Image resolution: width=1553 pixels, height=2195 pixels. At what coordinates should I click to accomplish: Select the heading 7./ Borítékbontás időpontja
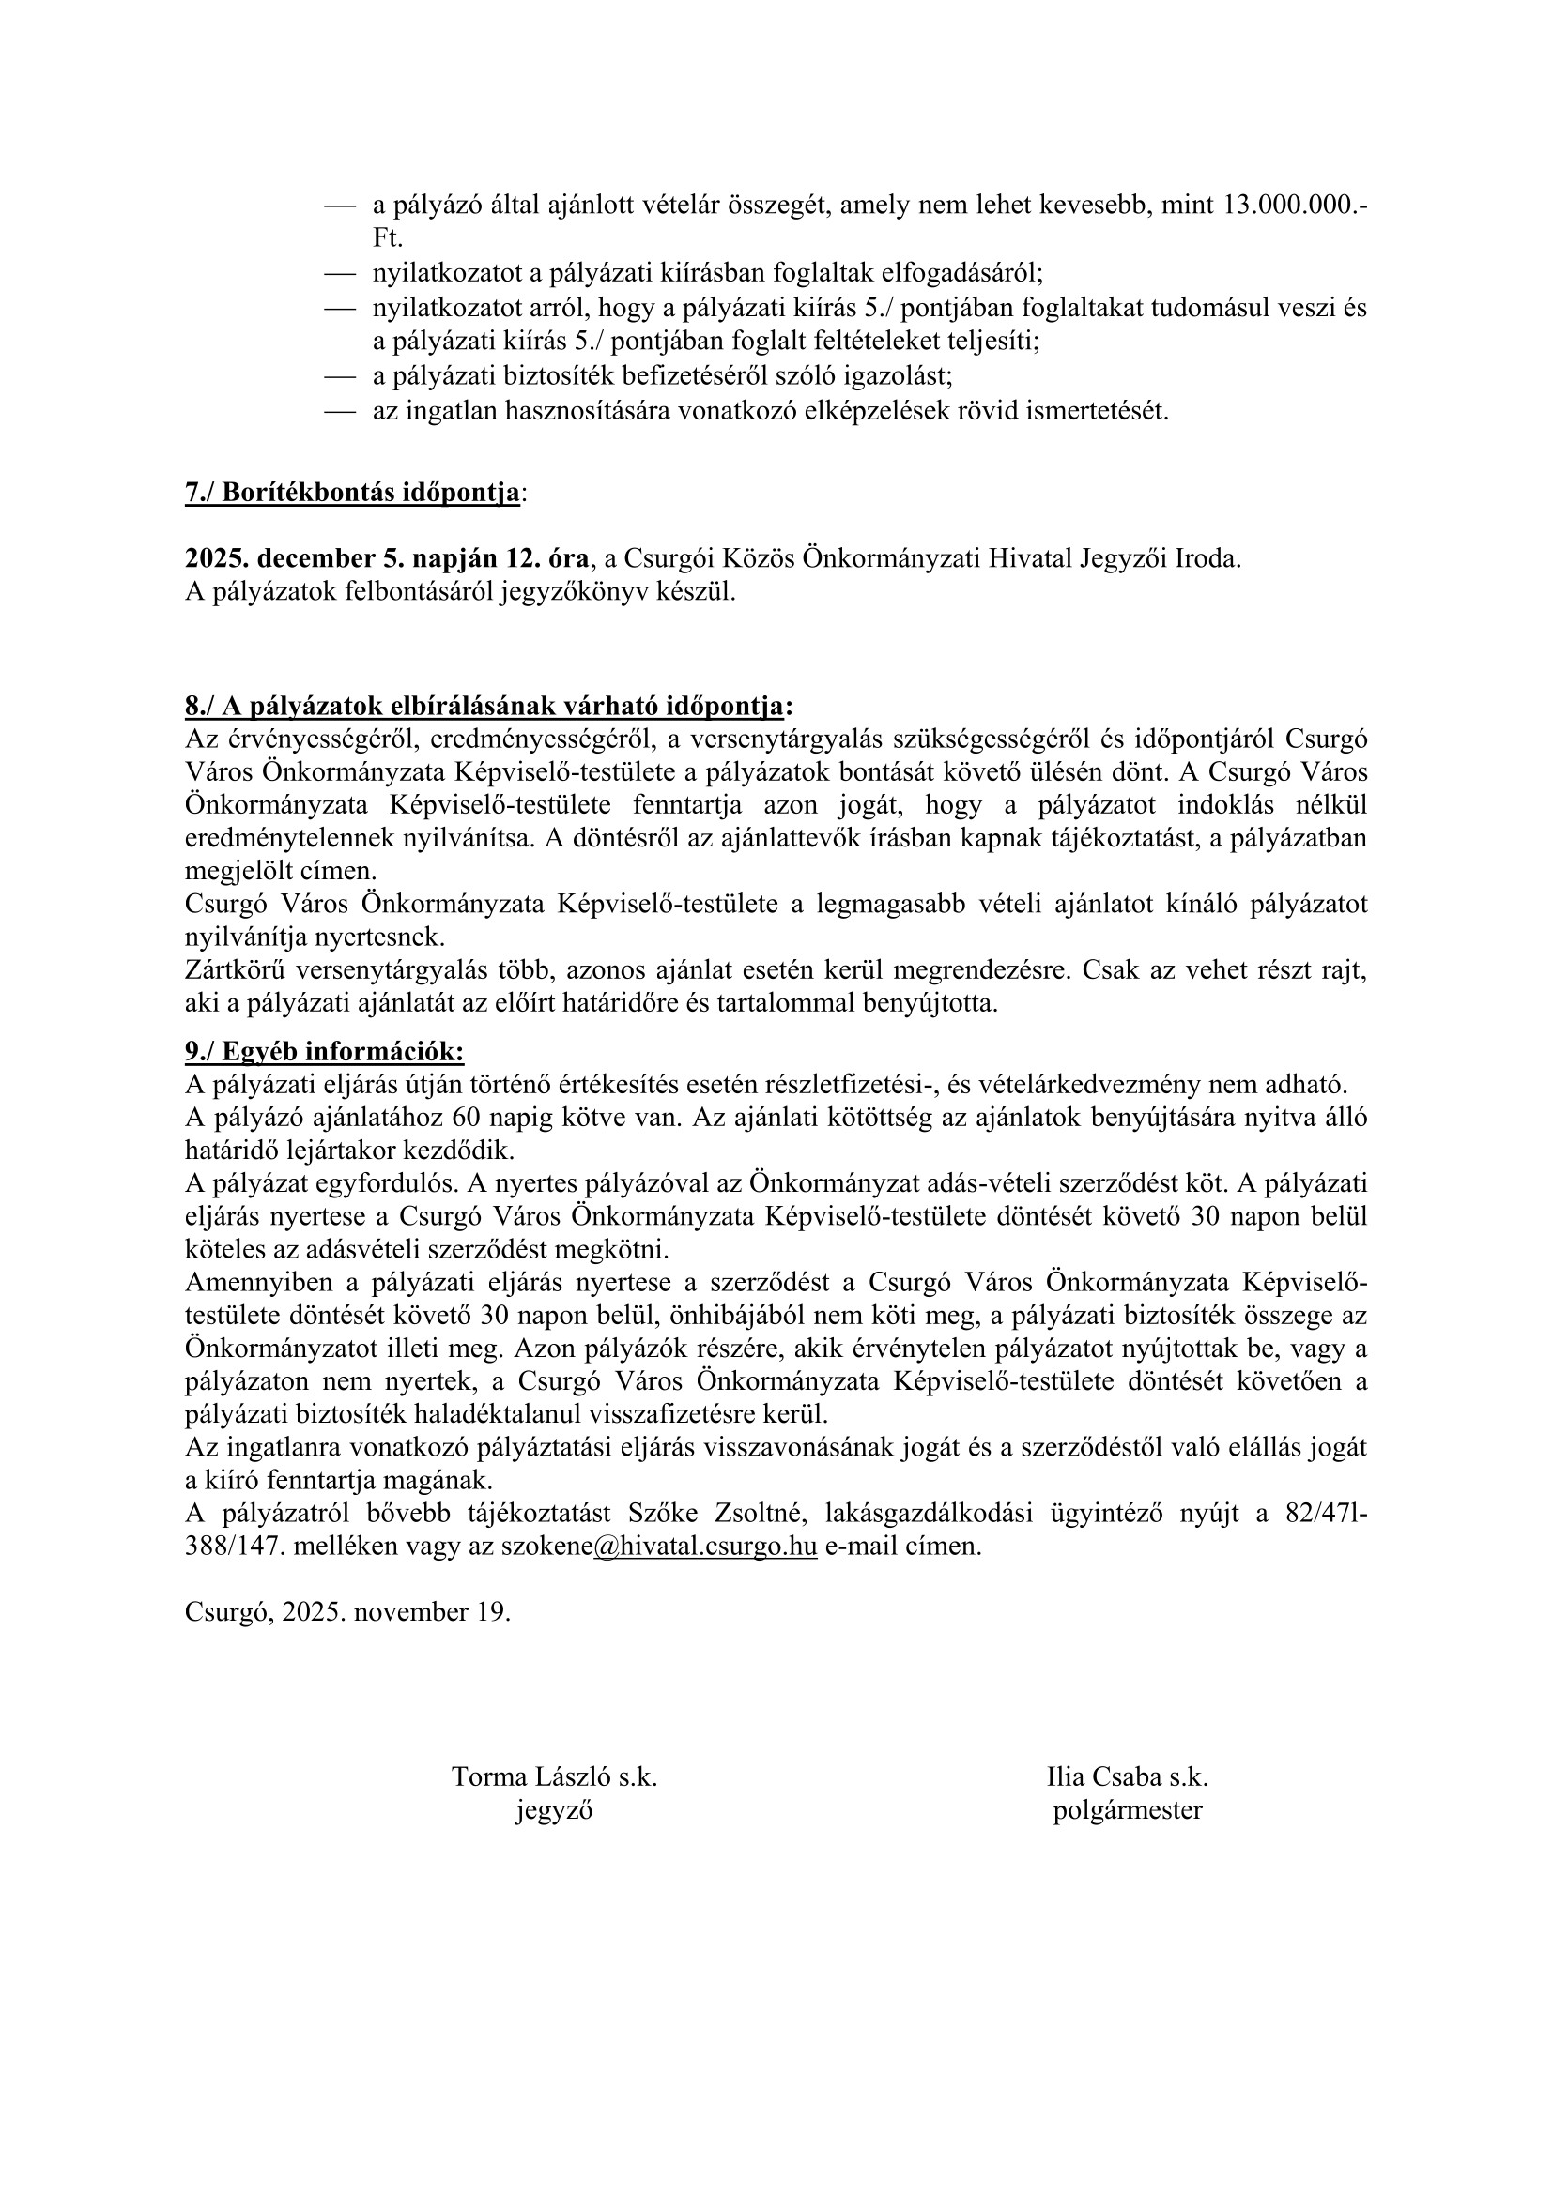[353, 494]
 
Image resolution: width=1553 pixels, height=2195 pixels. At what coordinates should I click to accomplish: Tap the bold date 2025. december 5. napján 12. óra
[386, 558]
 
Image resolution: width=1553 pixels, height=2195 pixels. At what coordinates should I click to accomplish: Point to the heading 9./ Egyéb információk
[324, 1052]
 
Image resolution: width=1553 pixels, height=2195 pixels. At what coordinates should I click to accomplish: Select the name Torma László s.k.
[555, 1777]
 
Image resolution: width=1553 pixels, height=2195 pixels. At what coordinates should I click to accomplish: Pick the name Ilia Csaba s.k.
[1128, 1777]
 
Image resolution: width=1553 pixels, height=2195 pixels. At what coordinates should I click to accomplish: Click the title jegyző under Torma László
[555, 1809]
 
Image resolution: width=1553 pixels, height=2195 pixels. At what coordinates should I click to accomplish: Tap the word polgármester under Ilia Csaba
[1128, 1809]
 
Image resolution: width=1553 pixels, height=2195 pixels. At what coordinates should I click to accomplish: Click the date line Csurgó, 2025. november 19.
[348, 1612]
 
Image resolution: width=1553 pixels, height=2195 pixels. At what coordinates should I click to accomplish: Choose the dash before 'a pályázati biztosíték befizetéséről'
[340, 376]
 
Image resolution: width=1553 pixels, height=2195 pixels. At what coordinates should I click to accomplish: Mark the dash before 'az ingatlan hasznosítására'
[340, 412]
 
